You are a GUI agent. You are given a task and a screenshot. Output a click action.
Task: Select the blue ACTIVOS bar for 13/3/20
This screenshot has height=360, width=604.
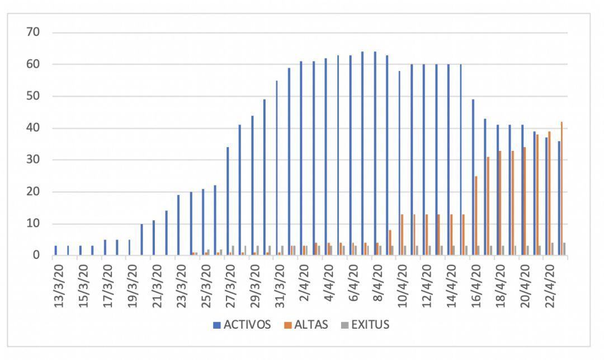point(56,250)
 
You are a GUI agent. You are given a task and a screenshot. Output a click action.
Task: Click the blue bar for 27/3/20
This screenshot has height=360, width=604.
point(228,201)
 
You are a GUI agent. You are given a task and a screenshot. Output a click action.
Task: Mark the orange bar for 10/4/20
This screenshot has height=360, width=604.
point(402,235)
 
